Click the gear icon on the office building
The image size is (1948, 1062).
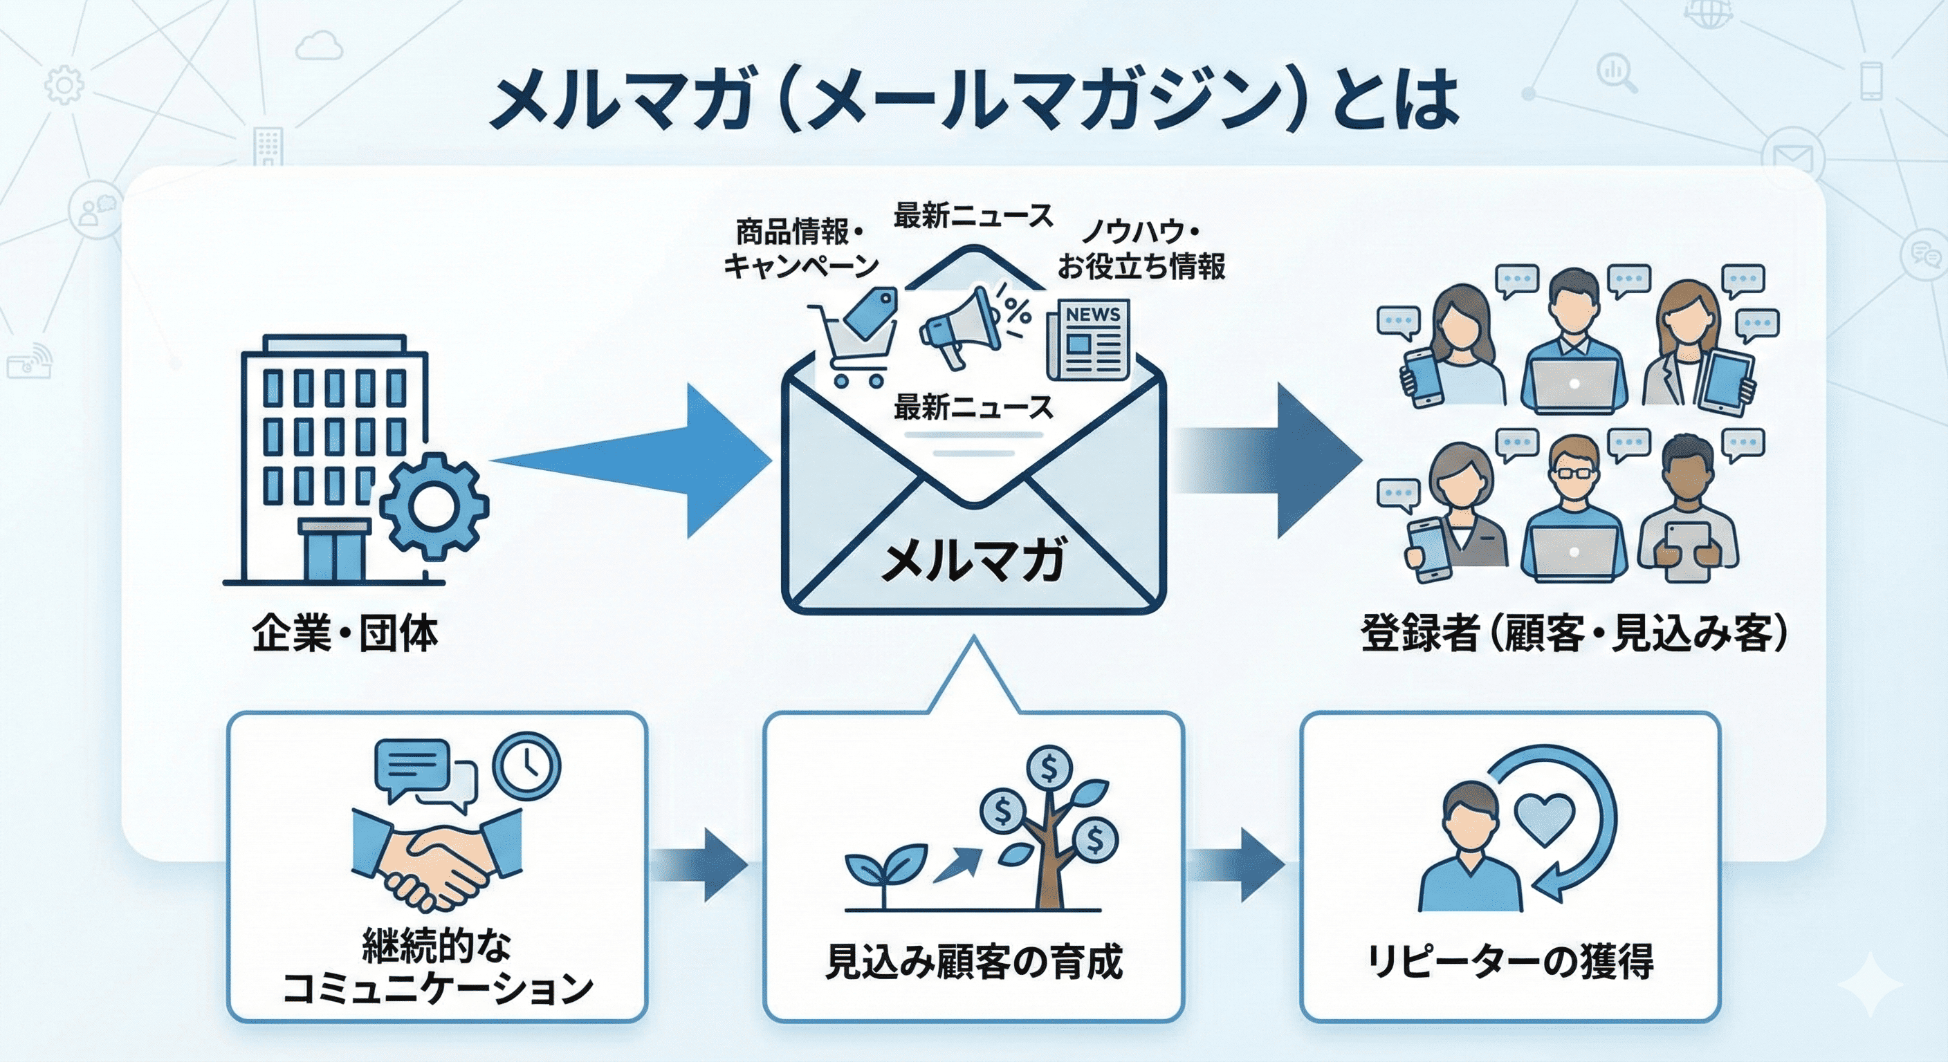(433, 505)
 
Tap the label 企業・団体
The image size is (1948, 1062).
(344, 633)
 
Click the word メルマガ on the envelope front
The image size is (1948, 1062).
(973, 560)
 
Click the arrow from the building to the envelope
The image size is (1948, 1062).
(635, 460)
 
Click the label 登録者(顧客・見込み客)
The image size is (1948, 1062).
(1573, 633)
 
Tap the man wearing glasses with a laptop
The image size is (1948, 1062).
(1573, 514)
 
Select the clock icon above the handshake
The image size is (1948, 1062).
(526, 765)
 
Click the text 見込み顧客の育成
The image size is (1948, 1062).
(974, 962)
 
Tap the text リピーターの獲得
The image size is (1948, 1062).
(1510, 962)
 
